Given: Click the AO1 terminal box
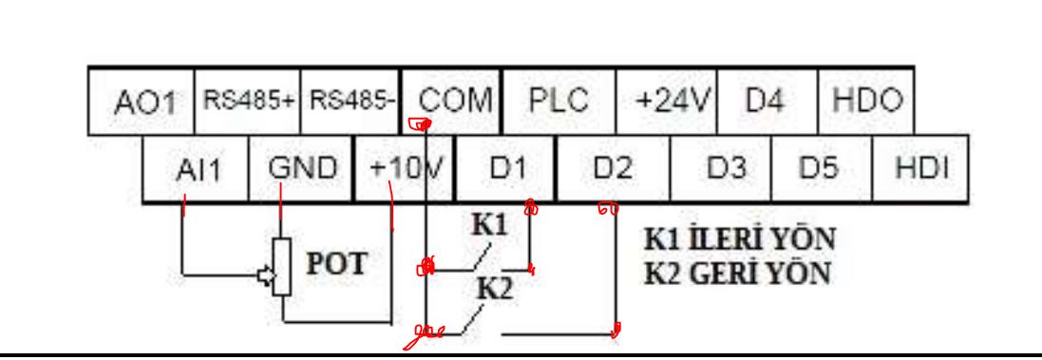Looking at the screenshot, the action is point(142,101).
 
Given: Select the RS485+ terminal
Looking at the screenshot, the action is point(247,101).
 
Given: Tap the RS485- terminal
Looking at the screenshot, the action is point(350,101).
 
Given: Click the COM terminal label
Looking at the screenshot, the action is point(456,101).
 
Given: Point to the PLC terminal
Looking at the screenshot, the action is point(559,101).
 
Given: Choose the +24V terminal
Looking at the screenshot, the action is point(667,101).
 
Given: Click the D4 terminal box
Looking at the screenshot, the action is point(767,101).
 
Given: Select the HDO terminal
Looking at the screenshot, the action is point(866,101).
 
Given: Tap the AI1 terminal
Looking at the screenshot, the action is point(196,169).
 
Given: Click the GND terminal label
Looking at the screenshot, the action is point(302,169).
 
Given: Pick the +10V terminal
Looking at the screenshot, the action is point(404,169).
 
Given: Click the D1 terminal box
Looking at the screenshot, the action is point(505,169).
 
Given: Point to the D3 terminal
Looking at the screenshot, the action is point(721,169).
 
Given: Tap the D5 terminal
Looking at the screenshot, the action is point(822,169).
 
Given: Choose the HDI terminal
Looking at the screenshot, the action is point(919,169).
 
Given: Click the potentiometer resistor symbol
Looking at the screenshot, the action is point(282,266).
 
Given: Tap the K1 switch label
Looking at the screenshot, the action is point(489,226).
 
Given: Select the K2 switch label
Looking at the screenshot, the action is point(495,289).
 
